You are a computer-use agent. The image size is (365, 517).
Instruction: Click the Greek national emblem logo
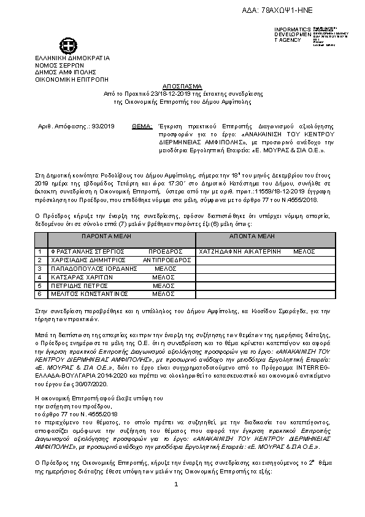click(x=66, y=45)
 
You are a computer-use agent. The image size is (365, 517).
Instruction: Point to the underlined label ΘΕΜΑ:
click(x=142, y=126)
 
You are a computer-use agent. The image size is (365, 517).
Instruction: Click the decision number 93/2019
click(x=103, y=126)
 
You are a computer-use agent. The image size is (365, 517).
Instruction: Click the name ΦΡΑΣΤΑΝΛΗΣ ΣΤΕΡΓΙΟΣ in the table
click(x=87, y=252)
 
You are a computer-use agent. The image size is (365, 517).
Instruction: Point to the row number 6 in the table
click(x=39, y=294)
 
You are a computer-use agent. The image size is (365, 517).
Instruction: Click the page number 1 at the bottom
click(x=176, y=485)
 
